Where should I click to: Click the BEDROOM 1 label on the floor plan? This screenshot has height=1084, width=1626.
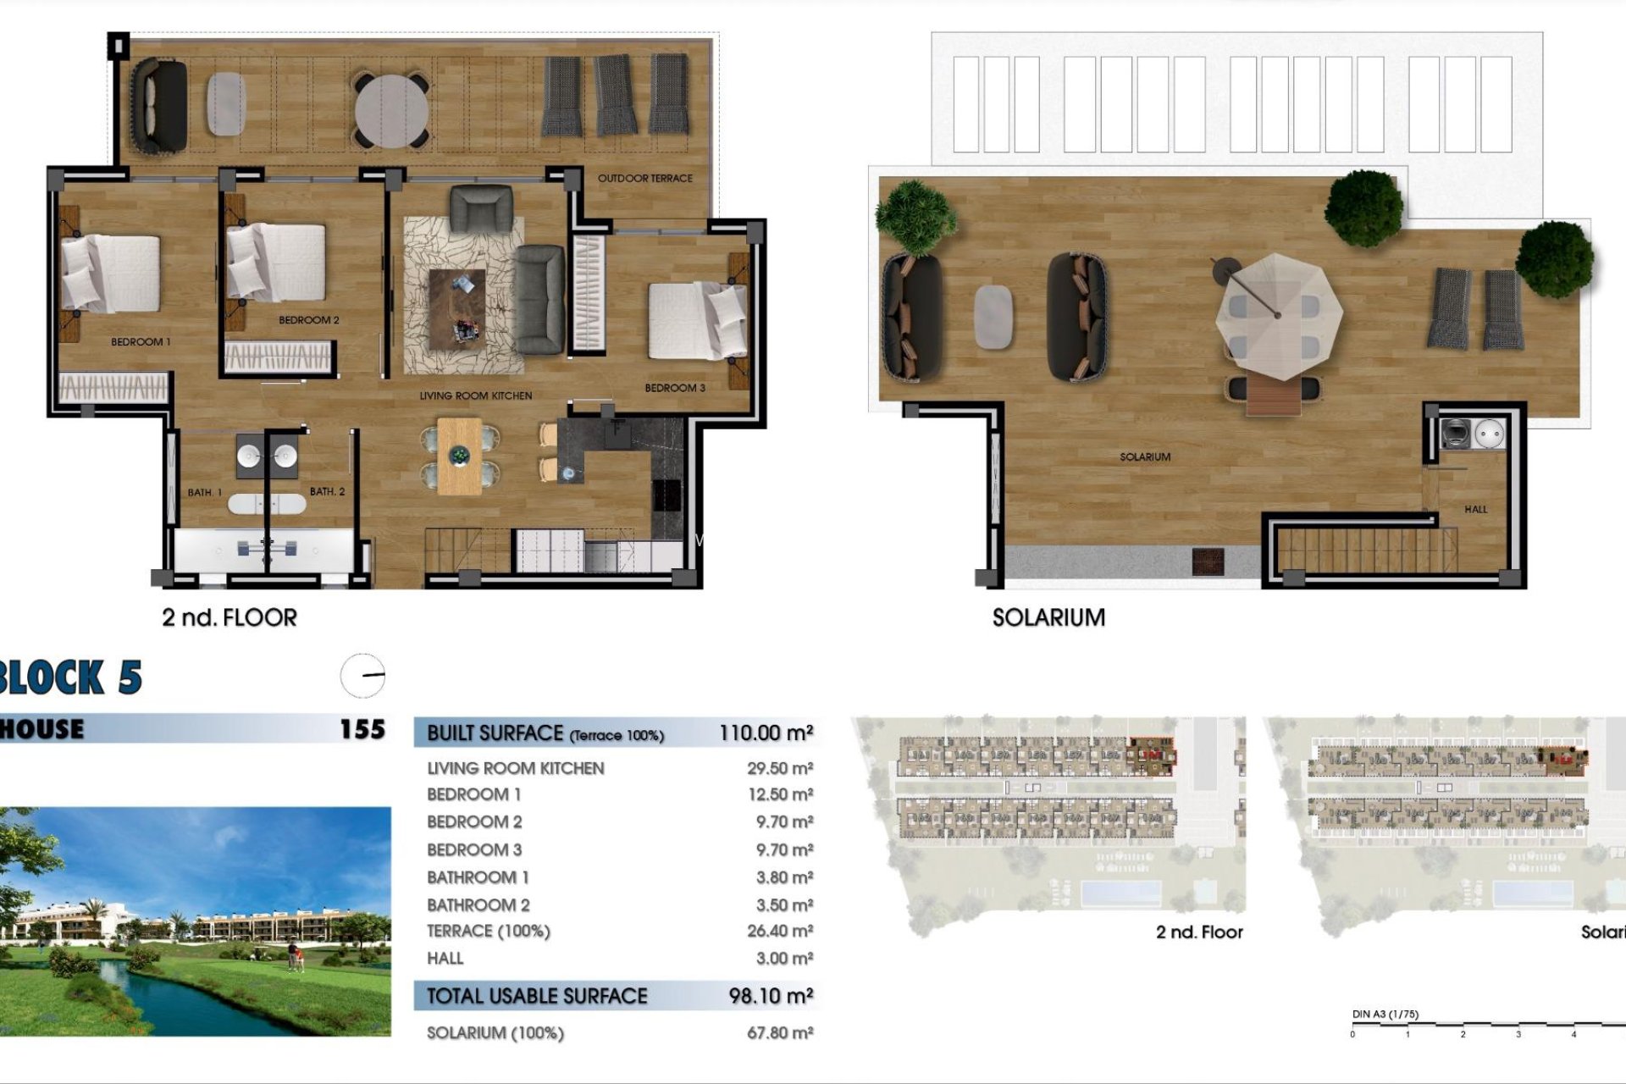(141, 342)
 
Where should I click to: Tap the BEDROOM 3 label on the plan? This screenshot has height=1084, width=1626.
(674, 388)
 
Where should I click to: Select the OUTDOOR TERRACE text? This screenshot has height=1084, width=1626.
(644, 179)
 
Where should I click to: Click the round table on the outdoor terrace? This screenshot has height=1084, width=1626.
(391, 111)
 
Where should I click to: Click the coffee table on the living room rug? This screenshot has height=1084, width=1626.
(457, 309)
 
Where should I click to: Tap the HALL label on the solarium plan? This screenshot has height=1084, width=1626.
(1475, 509)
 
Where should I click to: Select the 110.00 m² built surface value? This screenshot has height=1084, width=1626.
(766, 733)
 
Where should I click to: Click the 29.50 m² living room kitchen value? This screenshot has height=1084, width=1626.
(779, 768)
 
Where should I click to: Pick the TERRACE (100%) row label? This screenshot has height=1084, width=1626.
(488, 932)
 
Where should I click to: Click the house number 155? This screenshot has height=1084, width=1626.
(362, 729)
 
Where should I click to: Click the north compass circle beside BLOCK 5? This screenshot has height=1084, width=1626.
(362, 676)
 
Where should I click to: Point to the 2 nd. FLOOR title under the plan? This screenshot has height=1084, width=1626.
(230, 617)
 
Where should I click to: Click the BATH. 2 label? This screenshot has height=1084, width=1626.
(327, 491)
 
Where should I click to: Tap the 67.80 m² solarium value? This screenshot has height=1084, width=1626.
(779, 1033)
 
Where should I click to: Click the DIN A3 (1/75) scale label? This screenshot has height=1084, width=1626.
(1385, 1014)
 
